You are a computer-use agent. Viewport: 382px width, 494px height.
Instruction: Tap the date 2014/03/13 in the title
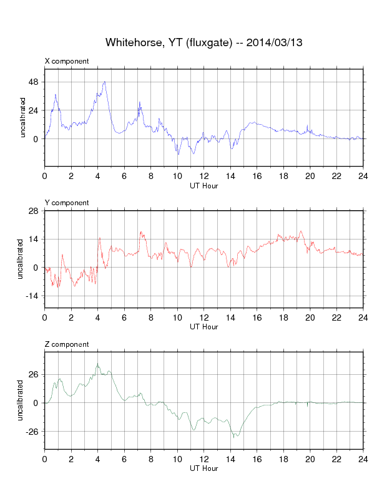(x=275, y=42)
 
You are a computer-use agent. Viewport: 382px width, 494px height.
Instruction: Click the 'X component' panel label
(x=67, y=61)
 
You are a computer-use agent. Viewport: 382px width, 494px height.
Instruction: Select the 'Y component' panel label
(x=67, y=203)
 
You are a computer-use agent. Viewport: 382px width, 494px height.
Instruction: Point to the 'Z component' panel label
(x=67, y=344)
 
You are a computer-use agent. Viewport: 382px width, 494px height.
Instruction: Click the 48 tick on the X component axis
(x=33, y=82)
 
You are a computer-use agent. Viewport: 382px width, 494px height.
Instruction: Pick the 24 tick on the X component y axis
(x=33, y=110)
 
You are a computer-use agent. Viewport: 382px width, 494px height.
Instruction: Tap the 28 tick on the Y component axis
(x=33, y=211)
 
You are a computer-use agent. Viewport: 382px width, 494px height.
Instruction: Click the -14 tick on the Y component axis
(x=32, y=296)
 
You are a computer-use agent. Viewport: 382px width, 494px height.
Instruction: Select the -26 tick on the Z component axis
(x=32, y=431)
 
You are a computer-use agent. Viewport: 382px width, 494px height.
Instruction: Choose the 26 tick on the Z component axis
(x=33, y=374)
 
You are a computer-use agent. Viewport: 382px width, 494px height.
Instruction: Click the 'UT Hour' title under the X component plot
(x=203, y=185)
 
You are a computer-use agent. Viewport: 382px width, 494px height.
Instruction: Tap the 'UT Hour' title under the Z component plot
(x=203, y=468)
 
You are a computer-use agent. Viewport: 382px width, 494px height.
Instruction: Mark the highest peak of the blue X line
(x=104, y=81)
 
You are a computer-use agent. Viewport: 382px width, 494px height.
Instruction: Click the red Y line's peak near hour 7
(x=140, y=232)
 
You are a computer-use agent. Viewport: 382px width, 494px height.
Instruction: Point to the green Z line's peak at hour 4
(x=97, y=364)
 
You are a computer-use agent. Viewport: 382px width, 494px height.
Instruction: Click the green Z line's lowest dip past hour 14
(x=235, y=437)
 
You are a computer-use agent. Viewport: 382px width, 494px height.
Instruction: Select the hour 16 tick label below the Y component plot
(x=257, y=317)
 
